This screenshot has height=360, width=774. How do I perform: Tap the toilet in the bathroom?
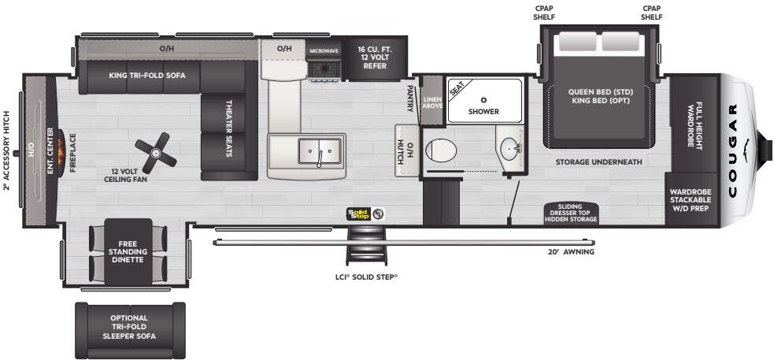(x=438, y=149)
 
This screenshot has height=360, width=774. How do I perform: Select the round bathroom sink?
(x=509, y=147)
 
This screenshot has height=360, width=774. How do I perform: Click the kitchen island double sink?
(x=320, y=148)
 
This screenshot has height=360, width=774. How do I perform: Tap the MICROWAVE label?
(x=323, y=50)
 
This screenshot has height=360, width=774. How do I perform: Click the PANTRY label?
(x=410, y=98)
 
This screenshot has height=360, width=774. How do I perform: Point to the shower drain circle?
(x=483, y=99)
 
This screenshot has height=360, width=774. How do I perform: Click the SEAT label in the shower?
(x=457, y=89)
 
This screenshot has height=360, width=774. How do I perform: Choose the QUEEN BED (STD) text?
(x=601, y=91)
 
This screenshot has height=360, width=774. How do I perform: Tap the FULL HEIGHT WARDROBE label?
(x=694, y=124)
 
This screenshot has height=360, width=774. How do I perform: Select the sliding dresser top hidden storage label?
(x=571, y=213)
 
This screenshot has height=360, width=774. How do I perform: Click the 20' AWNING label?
(x=572, y=252)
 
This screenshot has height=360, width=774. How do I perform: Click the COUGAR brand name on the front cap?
(x=733, y=149)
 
